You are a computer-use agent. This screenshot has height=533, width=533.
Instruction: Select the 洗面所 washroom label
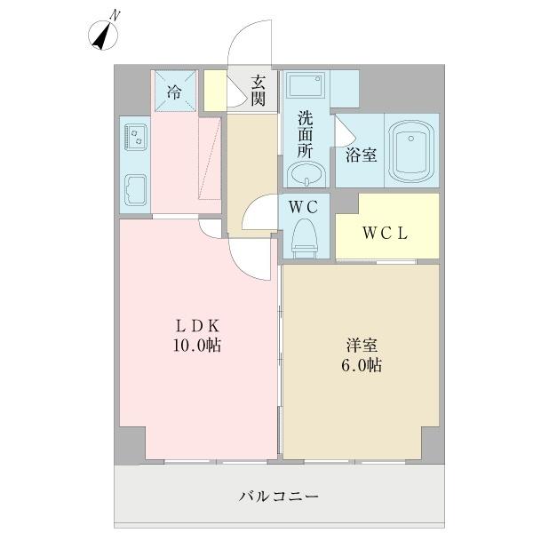305,133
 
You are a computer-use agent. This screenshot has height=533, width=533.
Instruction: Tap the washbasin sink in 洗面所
306,175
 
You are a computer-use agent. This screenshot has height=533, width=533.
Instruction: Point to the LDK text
196,326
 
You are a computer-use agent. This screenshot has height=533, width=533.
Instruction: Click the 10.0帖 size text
196,346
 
